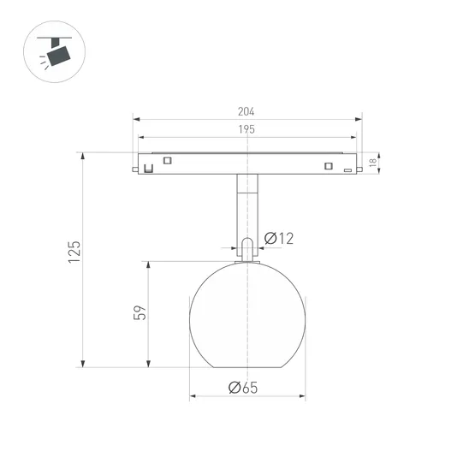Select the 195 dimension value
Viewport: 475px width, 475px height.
pyautogui.click(x=247, y=129)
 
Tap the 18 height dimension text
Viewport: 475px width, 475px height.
pyautogui.click(x=372, y=163)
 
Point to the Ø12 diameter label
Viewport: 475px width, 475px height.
pyautogui.click(x=279, y=239)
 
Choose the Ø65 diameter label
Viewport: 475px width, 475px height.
pyautogui.click(x=244, y=388)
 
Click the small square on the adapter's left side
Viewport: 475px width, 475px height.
pyautogui.click(x=168, y=160)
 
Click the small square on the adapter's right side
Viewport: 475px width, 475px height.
pyautogui.click(x=327, y=166)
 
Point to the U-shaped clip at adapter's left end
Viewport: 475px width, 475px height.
pyautogui.click(x=148, y=167)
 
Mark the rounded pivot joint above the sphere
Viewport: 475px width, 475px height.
pyautogui.click(x=247, y=248)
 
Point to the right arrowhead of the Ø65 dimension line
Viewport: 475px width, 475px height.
pyautogui.click(x=302, y=396)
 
